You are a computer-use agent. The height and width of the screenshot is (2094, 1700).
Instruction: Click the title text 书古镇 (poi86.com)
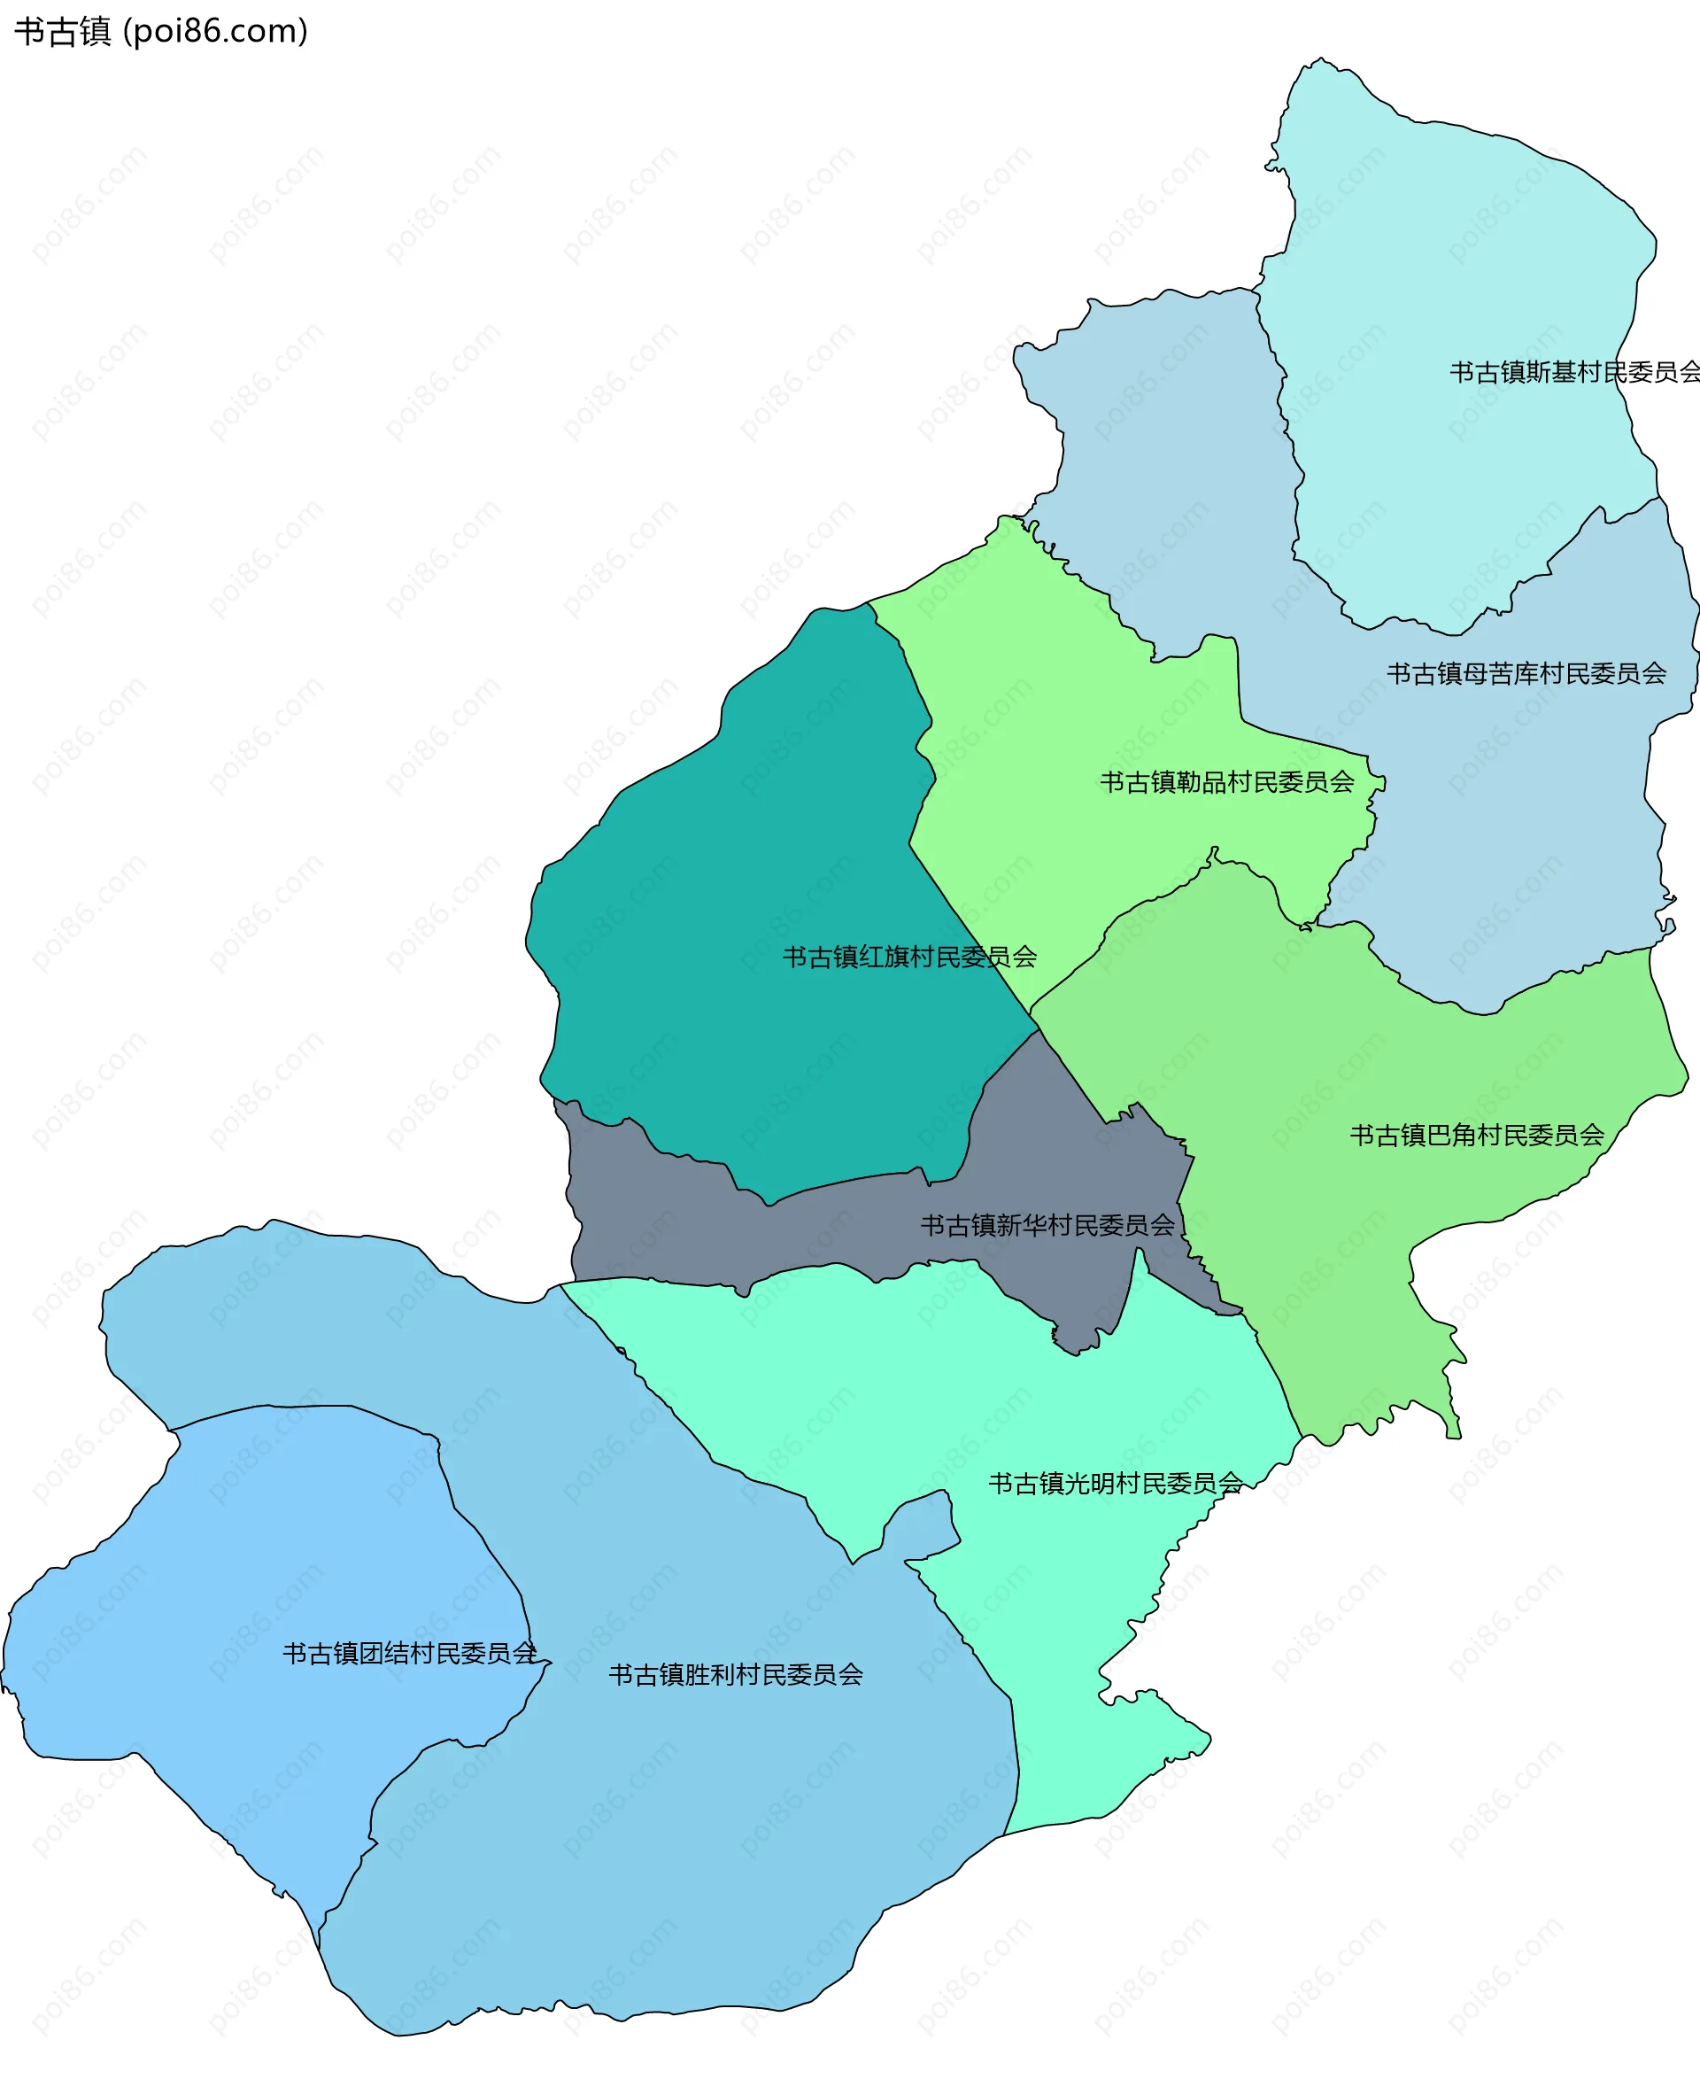[x=160, y=31]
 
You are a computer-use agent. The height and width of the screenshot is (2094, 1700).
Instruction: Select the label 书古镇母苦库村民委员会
[x=1526, y=674]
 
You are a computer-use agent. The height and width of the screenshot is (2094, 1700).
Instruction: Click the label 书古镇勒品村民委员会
[x=1226, y=782]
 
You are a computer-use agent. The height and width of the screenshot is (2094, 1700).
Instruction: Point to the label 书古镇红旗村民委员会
[x=908, y=957]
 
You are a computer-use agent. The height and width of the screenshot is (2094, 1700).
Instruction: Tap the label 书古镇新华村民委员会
[x=1047, y=1225]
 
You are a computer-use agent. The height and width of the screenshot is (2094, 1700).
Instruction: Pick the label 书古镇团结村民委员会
[x=409, y=1653]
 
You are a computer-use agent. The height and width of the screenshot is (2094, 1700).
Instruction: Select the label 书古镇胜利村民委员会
[x=736, y=1675]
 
